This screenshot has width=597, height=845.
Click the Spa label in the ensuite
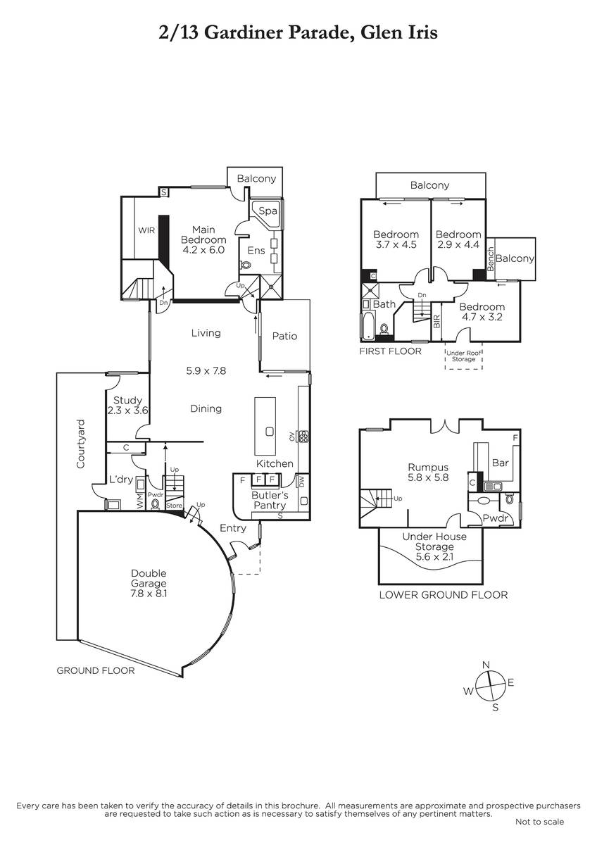coord(268,211)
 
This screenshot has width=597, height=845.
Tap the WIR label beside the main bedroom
coord(146,230)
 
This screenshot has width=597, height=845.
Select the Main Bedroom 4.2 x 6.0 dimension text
coord(203,250)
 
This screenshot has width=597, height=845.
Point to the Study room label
coord(128,400)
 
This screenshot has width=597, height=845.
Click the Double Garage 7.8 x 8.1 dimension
coord(149,594)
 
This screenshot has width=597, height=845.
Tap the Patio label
coord(284,336)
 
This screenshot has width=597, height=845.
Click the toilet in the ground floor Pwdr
coord(155,504)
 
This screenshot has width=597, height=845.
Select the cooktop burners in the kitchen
coord(303,436)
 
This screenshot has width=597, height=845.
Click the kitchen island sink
coord(269,431)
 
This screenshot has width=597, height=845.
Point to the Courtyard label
coord(81,444)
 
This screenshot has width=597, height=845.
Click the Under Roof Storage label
coord(463,356)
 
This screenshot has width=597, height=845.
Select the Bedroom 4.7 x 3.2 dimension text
coord(482,317)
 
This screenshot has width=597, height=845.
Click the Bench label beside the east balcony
coord(490,259)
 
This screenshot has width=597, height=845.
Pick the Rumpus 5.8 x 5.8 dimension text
coord(428,477)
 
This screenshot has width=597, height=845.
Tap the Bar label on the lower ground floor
coord(501,463)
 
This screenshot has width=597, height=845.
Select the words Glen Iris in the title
coord(399,32)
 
